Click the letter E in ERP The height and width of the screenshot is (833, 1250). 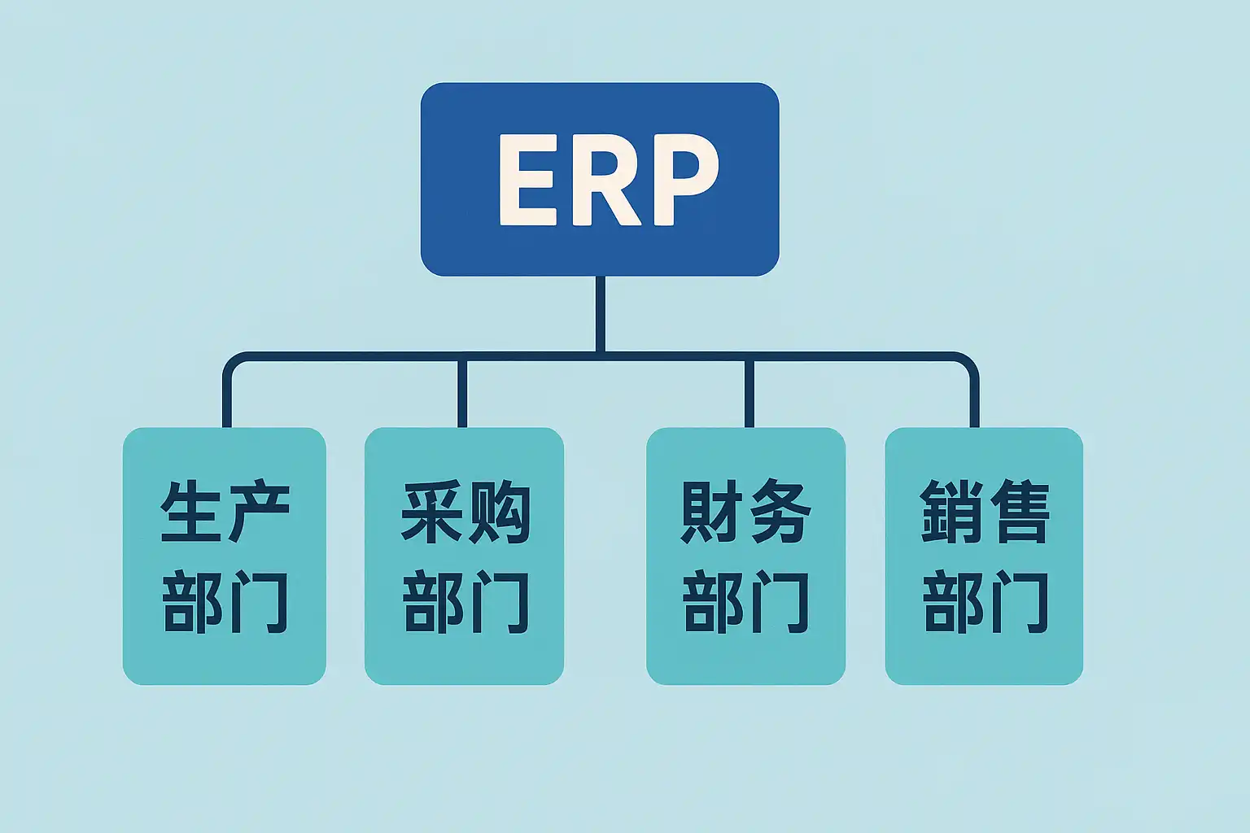pos(527,180)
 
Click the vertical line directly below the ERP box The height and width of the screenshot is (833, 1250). pos(600,313)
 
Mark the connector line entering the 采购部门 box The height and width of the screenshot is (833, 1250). pos(462,392)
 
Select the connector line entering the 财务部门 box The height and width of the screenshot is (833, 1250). pos(749,392)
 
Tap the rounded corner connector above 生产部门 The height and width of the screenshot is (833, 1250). pos(233,361)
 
